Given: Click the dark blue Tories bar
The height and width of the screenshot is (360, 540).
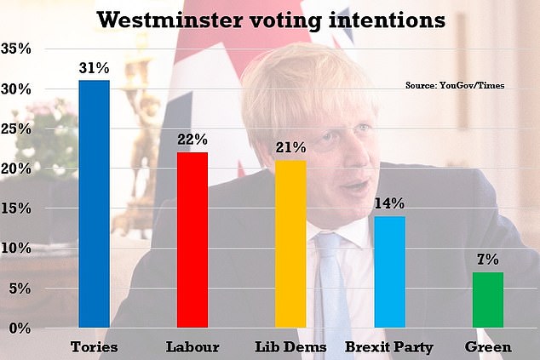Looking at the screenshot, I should pos(94,203).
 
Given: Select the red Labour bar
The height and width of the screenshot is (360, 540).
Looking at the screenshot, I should pos(192,239).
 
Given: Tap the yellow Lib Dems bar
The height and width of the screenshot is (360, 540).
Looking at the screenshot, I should pos(290,243).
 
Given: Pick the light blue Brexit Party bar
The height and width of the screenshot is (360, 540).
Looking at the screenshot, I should pos(388,271).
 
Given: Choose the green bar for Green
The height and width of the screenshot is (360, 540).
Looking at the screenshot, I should pos(487,300).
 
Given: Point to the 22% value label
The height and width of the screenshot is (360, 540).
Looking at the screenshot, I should pos(192,137).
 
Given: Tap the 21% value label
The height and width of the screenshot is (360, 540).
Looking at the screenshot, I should pos(290,146).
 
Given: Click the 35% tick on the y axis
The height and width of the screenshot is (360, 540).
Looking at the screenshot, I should pos(20,49).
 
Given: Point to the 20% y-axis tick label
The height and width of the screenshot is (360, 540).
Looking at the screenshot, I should pos(20,169).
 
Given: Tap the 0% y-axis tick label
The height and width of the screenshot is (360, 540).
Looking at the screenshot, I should pos(25,328).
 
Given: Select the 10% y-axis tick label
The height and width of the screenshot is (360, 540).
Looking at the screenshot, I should pos(20,249).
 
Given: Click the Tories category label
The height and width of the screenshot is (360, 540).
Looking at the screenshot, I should pos(94,347).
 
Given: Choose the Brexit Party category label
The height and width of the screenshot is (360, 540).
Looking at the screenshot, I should pos(388,347).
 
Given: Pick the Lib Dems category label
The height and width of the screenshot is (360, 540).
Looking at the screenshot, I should pos(290,347).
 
